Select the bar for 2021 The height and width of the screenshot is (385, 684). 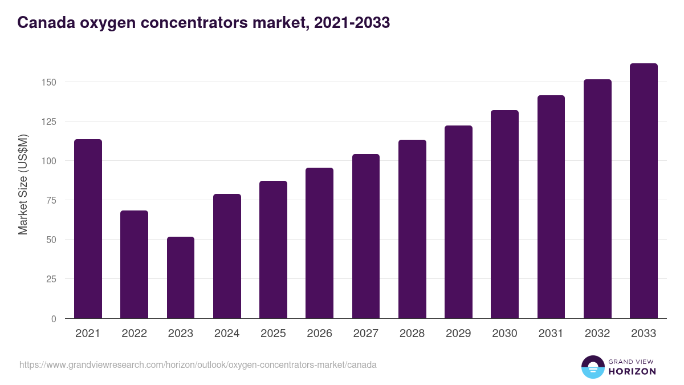[88, 229]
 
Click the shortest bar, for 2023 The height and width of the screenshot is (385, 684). [181, 278]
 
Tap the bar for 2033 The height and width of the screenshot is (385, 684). [644, 191]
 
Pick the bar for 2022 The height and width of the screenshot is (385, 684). [135, 265]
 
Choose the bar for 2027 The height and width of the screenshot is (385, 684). [366, 236]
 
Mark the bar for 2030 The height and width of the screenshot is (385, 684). [504, 214]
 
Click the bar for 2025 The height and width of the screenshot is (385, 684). [273, 250]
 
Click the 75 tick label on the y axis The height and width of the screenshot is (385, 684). [51, 200]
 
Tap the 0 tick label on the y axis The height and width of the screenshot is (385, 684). [54, 319]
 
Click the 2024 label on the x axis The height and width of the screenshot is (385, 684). [227, 334]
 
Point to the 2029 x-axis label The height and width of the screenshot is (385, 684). [458, 334]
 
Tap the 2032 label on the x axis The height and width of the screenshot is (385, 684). [597, 334]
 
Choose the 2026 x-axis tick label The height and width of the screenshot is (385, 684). [319, 334]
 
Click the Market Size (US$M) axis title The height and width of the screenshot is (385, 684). [23, 184]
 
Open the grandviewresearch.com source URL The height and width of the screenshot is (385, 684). [198, 364]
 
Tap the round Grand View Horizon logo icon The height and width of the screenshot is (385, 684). [592, 367]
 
